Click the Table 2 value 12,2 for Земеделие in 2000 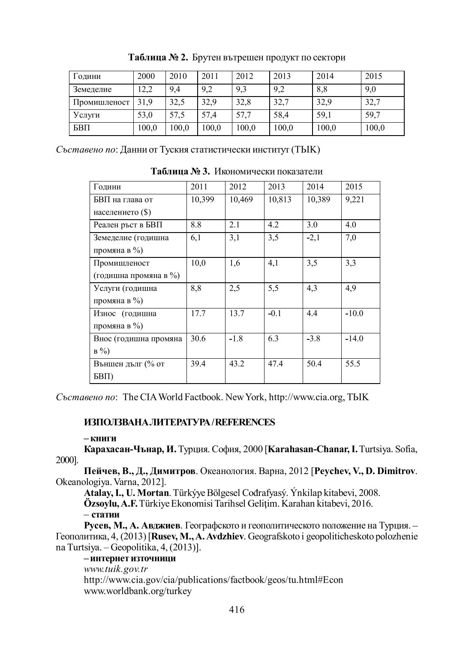145,89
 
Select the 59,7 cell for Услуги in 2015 373,115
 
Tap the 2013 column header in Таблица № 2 282,76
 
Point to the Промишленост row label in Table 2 101,102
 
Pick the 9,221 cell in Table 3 355,200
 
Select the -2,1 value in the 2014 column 313,238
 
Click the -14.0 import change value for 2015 355,339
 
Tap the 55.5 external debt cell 353,364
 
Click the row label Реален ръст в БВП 128,225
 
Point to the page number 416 237,609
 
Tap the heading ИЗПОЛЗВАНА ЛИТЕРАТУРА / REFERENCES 180,422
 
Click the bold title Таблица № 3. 180,172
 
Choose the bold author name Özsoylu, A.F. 111,503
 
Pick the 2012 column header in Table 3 238,187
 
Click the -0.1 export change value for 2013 275,313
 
